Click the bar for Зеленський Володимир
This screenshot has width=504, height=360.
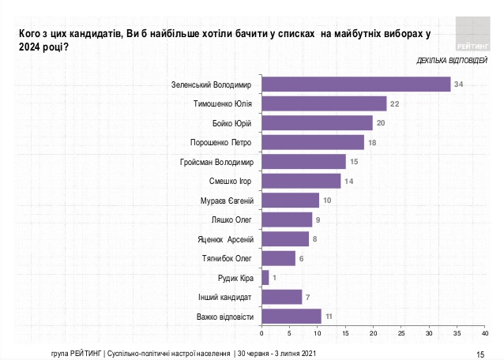click(355, 84)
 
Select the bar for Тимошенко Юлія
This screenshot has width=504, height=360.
click(324, 103)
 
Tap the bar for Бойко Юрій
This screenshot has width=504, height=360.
click(317, 122)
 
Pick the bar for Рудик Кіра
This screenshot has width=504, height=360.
click(265, 277)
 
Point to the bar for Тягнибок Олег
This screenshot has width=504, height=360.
click(278, 258)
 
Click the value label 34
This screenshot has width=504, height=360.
click(457, 84)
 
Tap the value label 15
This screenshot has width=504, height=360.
click(354, 162)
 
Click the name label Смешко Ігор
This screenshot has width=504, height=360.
click(228, 181)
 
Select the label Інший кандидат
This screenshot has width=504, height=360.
click(224, 297)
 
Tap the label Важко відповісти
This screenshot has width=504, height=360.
click(224, 317)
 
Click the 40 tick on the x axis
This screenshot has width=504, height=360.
click(486, 335)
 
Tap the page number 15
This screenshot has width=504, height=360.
click(480, 352)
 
